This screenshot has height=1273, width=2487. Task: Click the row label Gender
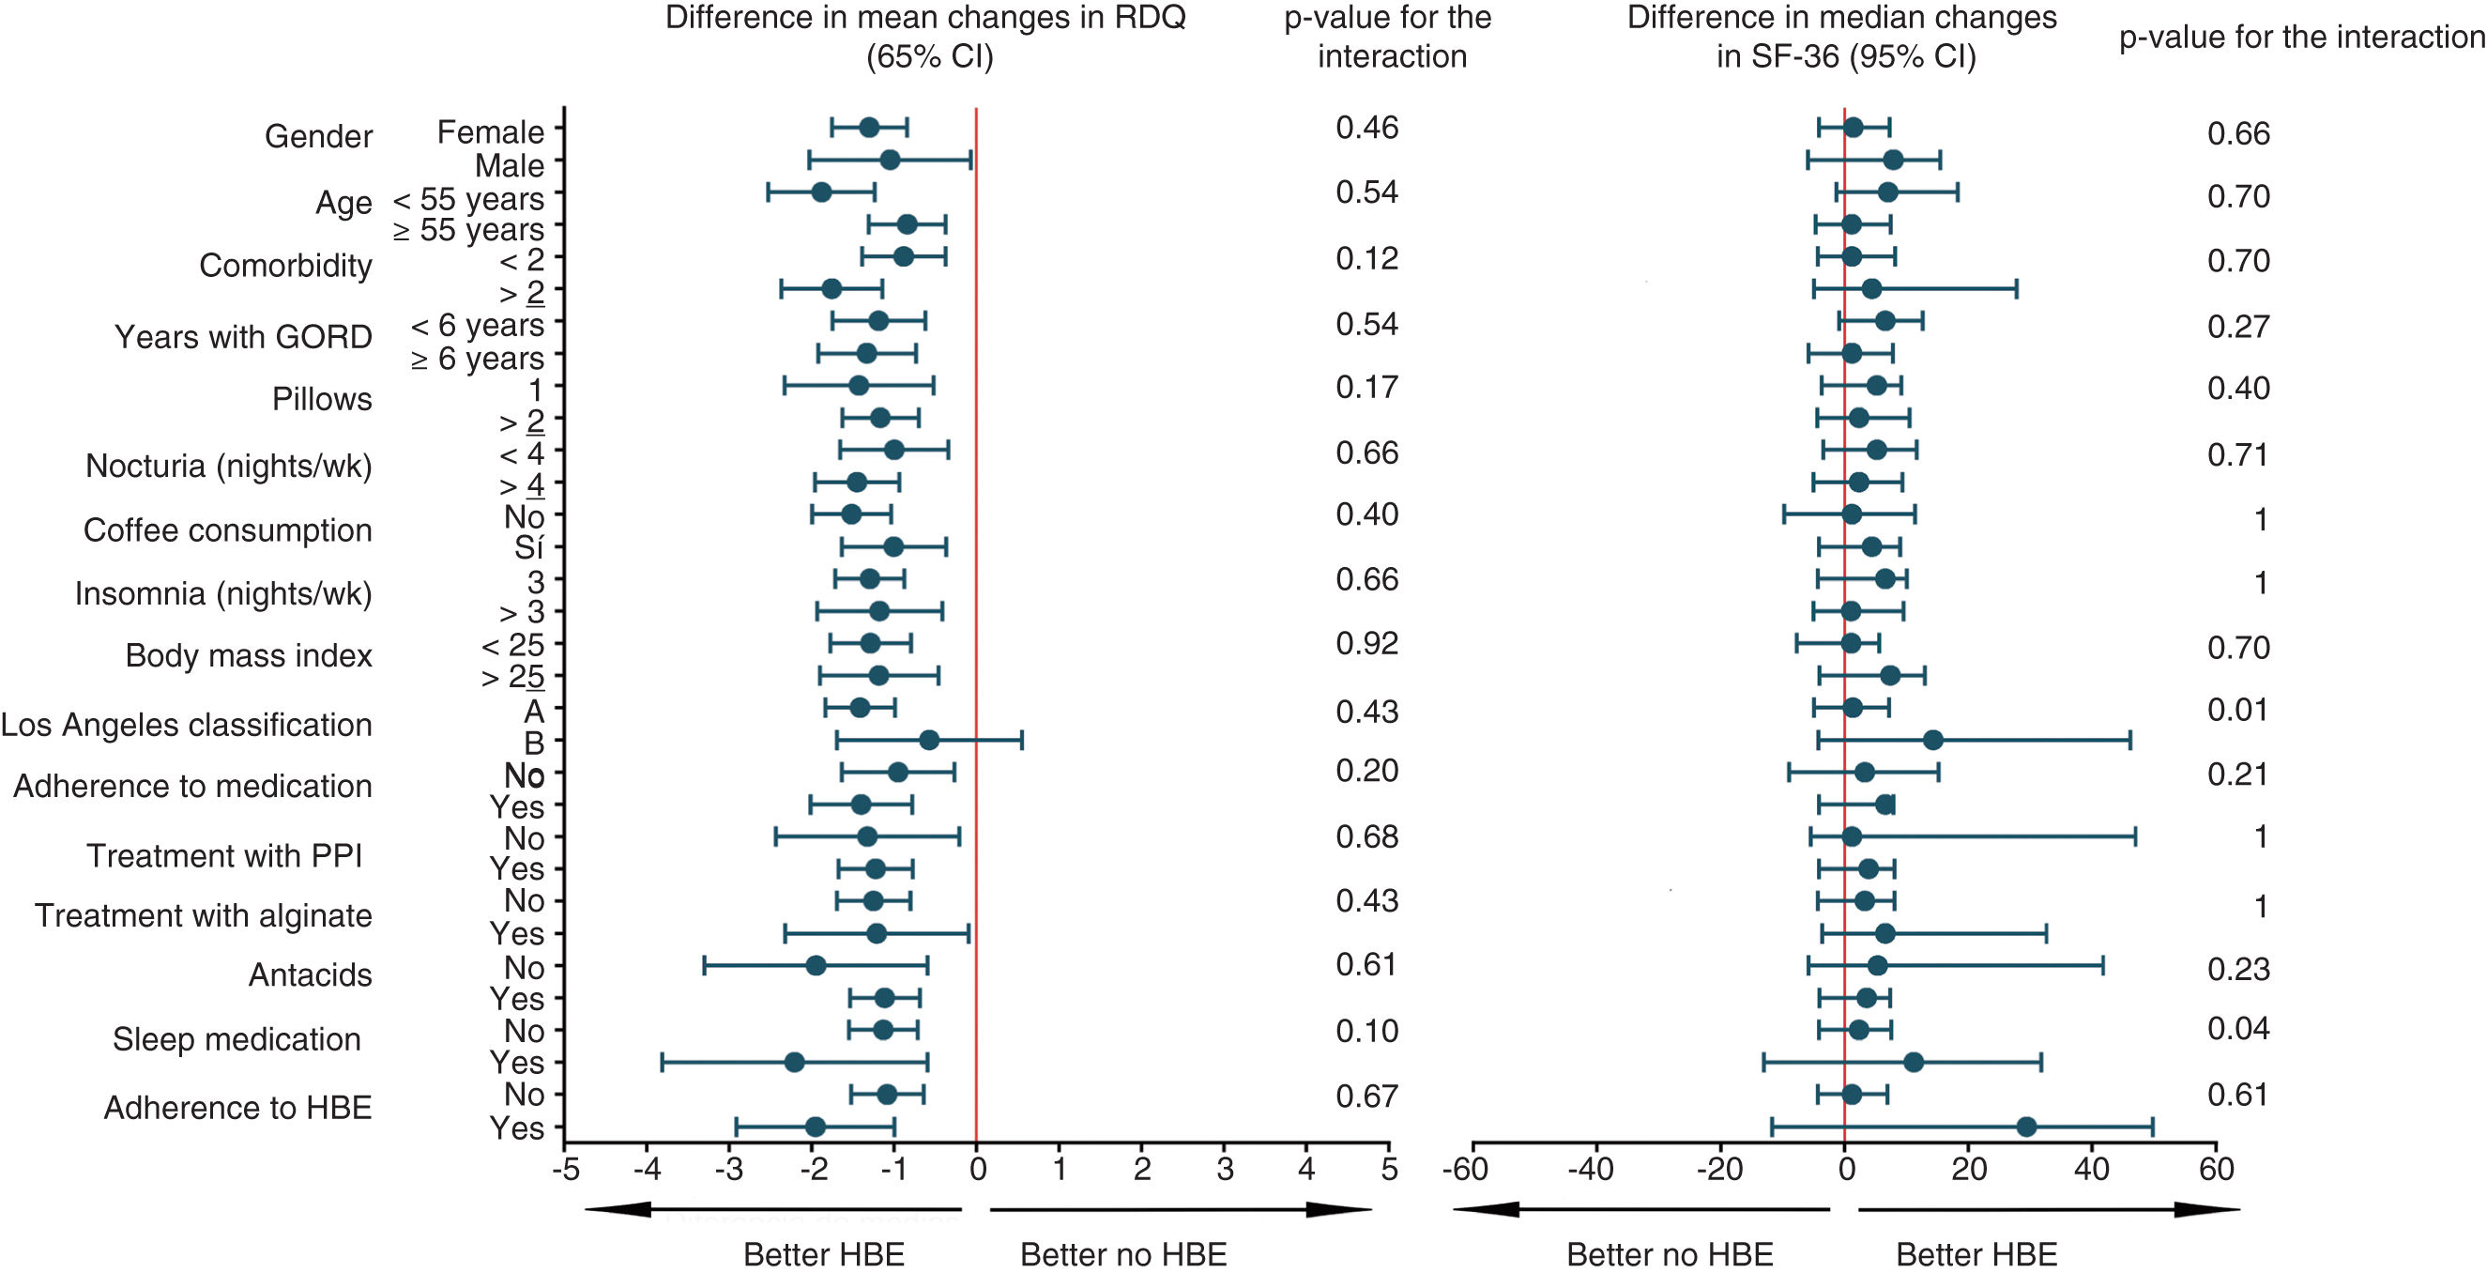click(x=317, y=136)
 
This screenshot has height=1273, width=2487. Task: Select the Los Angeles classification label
click(x=187, y=725)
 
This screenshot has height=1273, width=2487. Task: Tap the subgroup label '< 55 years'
click(x=468, y=199)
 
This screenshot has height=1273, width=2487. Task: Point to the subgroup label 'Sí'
click(x=528, y=547)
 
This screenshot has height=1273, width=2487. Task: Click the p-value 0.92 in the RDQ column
click(x=1366, y=643)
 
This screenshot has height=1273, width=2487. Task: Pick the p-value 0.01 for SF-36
click(x=2238, y=710)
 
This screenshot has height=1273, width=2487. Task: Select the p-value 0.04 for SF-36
click(x=2238, y=1028)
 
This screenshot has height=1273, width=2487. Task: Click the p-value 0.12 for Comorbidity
click(x=1366, y=259)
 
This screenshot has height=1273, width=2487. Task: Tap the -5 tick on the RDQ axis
click(x=565, y=1170)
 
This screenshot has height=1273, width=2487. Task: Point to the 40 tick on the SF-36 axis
click(x=2091, y=1170)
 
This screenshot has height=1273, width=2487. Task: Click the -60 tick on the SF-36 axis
click(x=1465, y=1170)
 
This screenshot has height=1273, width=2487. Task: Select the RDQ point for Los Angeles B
click(x=929, y=741)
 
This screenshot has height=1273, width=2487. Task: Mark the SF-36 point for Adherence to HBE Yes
click(x=2026, y=1127)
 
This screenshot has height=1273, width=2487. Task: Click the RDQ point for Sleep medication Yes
click(x=795, y=1063)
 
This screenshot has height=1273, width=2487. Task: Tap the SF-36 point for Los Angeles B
click(x=1933, y=741)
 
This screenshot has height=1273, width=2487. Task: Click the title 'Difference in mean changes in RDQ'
click(x=925, y=18)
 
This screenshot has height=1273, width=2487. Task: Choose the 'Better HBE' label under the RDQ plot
click(x=824, y=1253)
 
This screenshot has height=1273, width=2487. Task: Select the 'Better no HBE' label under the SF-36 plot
click(x=1670, y=1253)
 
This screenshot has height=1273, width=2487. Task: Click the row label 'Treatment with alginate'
click(x=203, y=915)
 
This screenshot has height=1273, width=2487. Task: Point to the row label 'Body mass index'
click(x=248, y=656)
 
